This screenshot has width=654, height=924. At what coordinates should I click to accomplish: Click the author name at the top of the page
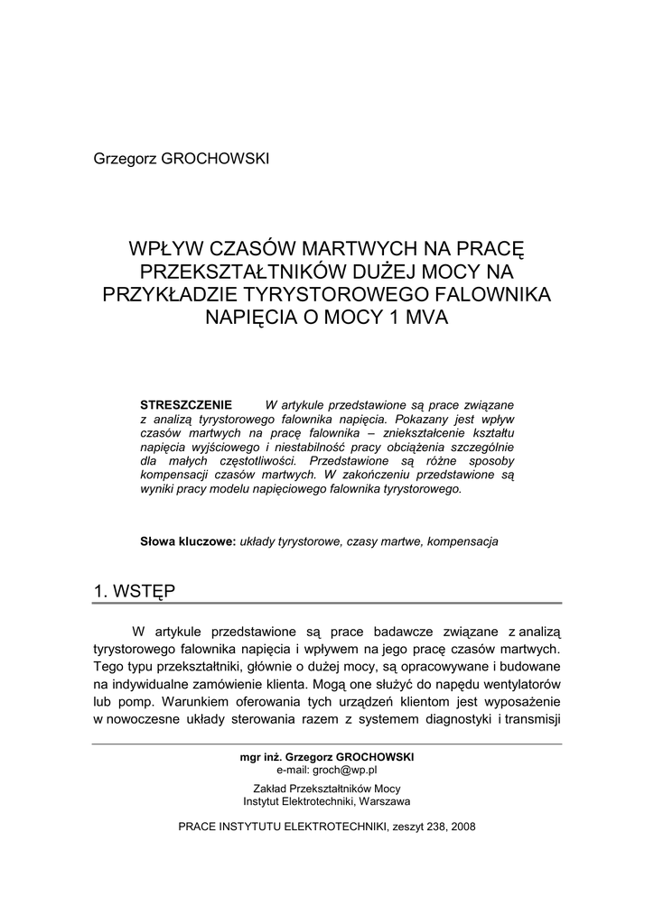pyautogui.click(x=182, y=159)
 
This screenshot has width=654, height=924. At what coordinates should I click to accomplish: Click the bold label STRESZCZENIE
pyautogui.click(x=186, y=403)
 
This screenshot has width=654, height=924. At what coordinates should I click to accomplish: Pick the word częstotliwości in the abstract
pyautogui.click(x=257, y=461)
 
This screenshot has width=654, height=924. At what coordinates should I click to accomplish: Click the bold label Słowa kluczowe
pyautogui.click(x=188, y=542)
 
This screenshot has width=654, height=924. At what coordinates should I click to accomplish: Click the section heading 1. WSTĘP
pyautogui.click(x=135, y=591)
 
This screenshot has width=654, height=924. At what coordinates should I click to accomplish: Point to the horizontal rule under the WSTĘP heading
pyautogui.click(x=327, y=604)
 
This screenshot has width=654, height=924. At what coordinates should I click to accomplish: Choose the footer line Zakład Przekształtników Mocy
pyautogui.click(x=327, y=788)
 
